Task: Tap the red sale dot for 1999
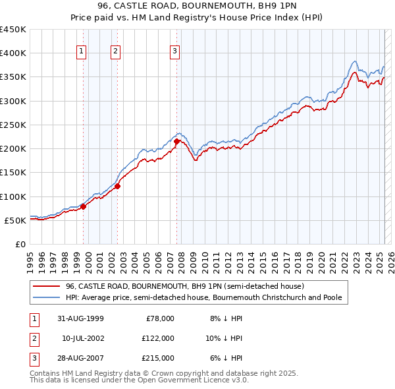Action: (84, 207)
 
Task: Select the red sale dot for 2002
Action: (117, 186)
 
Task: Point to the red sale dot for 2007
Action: (177, 141)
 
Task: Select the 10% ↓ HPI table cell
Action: (224, 338)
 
